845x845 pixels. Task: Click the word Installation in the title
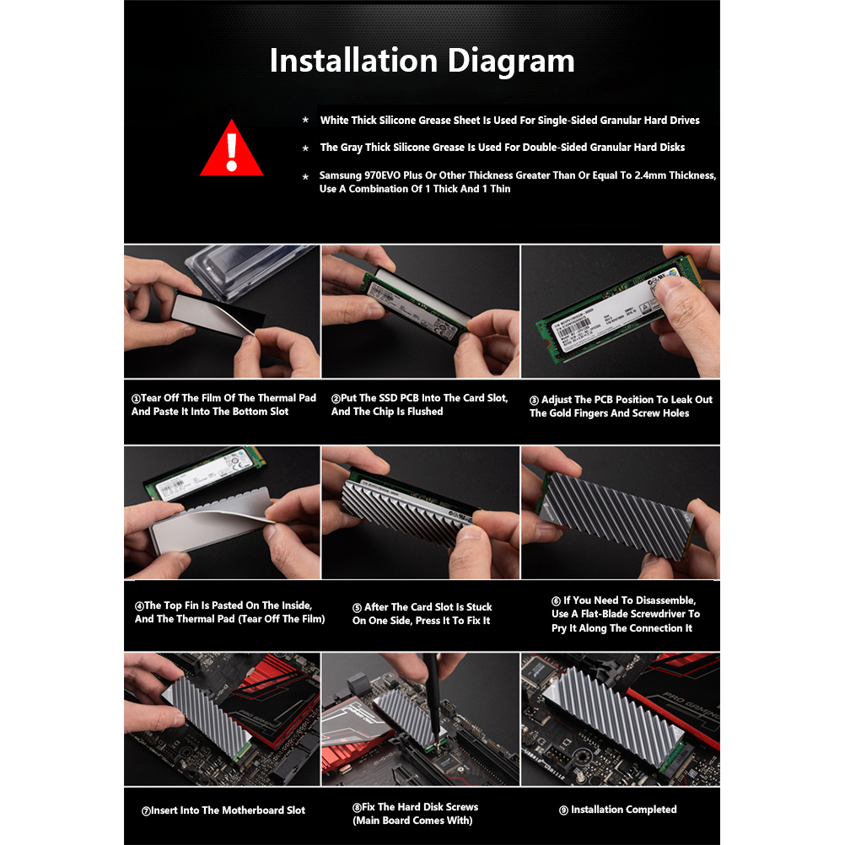pos(354,60)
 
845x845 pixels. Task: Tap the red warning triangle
pos(232,148)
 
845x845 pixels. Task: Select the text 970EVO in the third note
pos(382,175)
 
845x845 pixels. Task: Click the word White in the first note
pos(334,121)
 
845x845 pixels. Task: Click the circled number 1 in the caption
pos(136,399)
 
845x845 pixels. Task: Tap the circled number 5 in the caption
pos(357,608)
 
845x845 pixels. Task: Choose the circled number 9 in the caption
pos(563,810)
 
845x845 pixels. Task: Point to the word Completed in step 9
pos(651,810)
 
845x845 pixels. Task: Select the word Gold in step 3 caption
pos(562,413)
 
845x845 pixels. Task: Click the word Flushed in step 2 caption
pos(425,412)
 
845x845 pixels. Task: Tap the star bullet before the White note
pos(305,120)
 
